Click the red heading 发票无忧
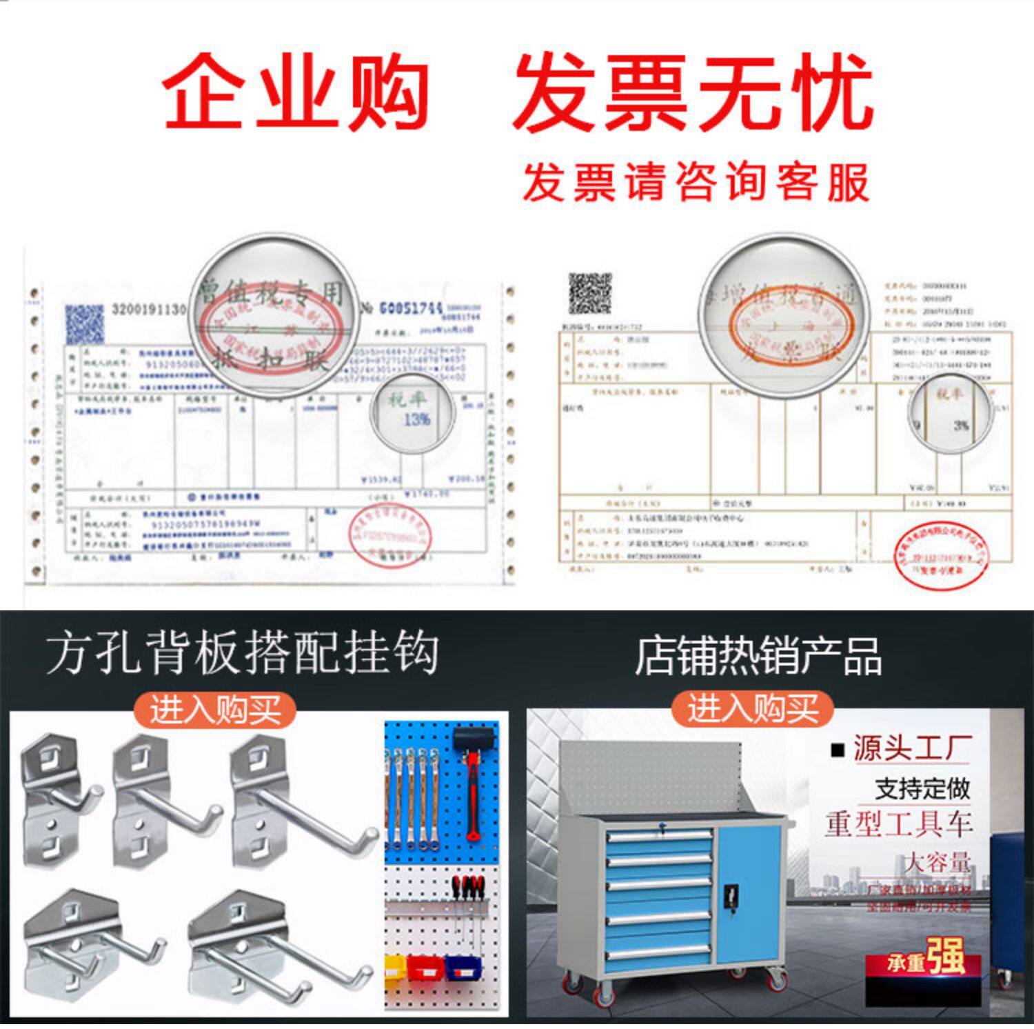pos(693,93)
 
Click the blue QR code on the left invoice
pos(85,324)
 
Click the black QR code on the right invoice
pos(589,293)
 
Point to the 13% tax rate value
pos(416,419)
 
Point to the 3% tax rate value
pos(961,426)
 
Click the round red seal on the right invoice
pos(942,556)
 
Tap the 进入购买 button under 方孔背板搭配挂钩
pos(215,710)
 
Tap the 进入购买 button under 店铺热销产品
pos(753,708)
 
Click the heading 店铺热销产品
pos(758,655)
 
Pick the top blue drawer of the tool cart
pos(659,836)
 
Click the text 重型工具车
pos(899,823)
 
